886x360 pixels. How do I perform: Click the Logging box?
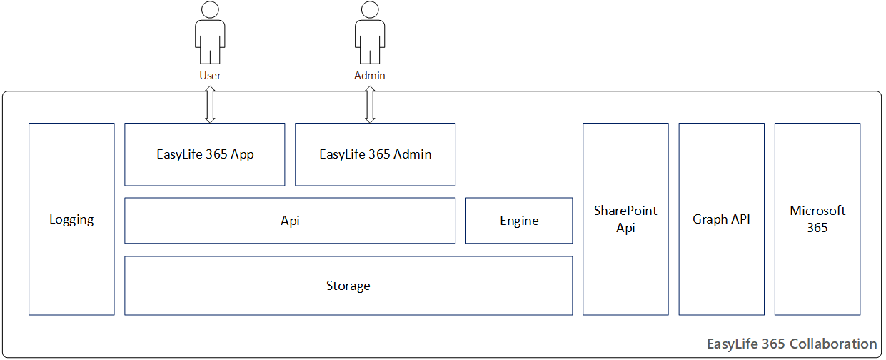[71, 219]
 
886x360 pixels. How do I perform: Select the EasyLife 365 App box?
[205, 154]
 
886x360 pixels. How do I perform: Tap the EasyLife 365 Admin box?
[375, 154]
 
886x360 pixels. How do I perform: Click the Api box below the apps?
[290, 221]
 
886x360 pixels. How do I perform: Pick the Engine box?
[519, 221]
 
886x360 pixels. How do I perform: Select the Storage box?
[348, 286]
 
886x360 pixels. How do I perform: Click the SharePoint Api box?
[625, 219]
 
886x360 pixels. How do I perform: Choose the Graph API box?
[721, 219]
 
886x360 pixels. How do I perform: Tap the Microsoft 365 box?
[817, 219]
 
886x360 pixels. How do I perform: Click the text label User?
[210, 75]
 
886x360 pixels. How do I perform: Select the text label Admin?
[370, 75]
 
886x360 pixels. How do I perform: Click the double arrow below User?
[210, 104]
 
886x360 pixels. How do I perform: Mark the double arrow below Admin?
[370, 104]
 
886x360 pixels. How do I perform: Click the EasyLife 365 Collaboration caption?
[791, 344]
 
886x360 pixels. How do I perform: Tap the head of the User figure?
[210, 9]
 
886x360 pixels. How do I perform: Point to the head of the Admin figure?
[370, 9]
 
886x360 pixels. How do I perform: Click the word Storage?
[348, 286]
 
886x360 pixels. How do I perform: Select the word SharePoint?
[625, 211]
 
